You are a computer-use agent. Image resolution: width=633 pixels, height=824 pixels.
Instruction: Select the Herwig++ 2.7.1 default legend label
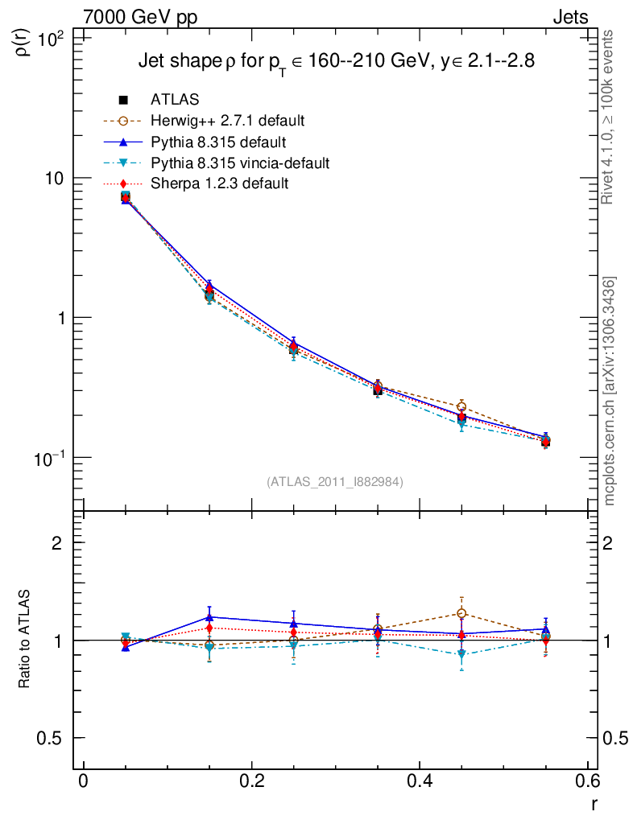(227, 122)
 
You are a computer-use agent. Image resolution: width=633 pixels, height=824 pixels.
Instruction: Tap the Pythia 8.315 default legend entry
(218, 142)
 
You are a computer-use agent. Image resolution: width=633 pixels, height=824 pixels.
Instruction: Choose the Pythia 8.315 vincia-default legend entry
(240, 163)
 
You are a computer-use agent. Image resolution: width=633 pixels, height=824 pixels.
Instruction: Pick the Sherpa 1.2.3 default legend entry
(219, 183)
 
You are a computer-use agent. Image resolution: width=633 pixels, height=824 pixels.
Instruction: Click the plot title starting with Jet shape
(337, 61)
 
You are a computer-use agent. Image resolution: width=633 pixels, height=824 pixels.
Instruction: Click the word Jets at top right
(569, 17)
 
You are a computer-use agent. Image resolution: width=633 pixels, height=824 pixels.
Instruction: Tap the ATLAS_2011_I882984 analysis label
(335, 481)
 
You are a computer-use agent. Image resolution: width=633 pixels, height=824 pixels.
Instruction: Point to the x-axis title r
(594, 803)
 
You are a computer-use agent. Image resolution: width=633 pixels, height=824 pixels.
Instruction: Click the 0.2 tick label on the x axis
(251, 782)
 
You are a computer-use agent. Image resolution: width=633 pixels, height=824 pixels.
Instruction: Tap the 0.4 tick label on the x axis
(420, 782)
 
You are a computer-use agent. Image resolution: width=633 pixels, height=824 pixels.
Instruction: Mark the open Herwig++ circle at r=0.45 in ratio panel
(461, 614)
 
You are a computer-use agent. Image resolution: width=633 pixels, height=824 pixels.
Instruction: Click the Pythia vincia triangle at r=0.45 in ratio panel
(461, 655)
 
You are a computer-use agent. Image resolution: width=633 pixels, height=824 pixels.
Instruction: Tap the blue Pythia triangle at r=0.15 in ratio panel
(209, 617)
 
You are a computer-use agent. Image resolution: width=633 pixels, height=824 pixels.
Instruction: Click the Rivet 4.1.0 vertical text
(609, 117)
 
